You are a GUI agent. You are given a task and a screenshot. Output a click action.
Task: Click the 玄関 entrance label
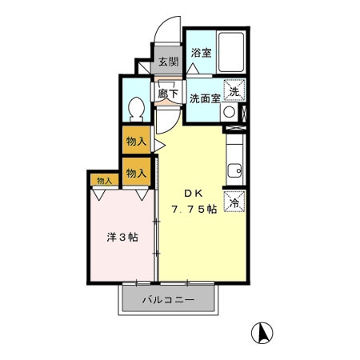tap(168, 62)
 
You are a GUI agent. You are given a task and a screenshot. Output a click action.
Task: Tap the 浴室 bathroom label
tap(201, 53)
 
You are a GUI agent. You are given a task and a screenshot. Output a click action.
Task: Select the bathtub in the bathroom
tap(231, 52)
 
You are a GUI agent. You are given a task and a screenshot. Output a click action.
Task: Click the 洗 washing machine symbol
tap(234, 90)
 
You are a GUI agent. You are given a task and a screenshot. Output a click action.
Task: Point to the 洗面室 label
tap(205, 98)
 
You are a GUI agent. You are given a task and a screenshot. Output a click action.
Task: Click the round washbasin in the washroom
tap(230, 112)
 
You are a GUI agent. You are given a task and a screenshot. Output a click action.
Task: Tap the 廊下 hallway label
tap(168, 94)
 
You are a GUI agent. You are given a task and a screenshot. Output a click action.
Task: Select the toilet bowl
tap(137, 110)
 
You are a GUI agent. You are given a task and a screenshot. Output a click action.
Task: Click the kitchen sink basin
tap(234, 170)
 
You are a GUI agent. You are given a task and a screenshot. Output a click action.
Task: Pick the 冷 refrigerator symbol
tap(234, 202)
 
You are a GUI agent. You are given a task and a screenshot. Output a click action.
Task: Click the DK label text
tap(194, 194)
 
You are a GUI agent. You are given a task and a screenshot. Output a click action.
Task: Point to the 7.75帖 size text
tap(194, 210)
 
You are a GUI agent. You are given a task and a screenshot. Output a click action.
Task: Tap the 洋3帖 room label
tap(122, 237)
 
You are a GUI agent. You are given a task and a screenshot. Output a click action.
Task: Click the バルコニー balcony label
tap(169, 300)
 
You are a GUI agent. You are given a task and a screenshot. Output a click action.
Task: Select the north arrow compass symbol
tap(262, 333)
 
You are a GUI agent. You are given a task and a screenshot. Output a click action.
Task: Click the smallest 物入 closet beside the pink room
tap(105, 181)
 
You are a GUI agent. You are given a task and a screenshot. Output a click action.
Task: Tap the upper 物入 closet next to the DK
tap(137, 141)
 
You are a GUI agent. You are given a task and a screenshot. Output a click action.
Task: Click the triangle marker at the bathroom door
tap(193, 69)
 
